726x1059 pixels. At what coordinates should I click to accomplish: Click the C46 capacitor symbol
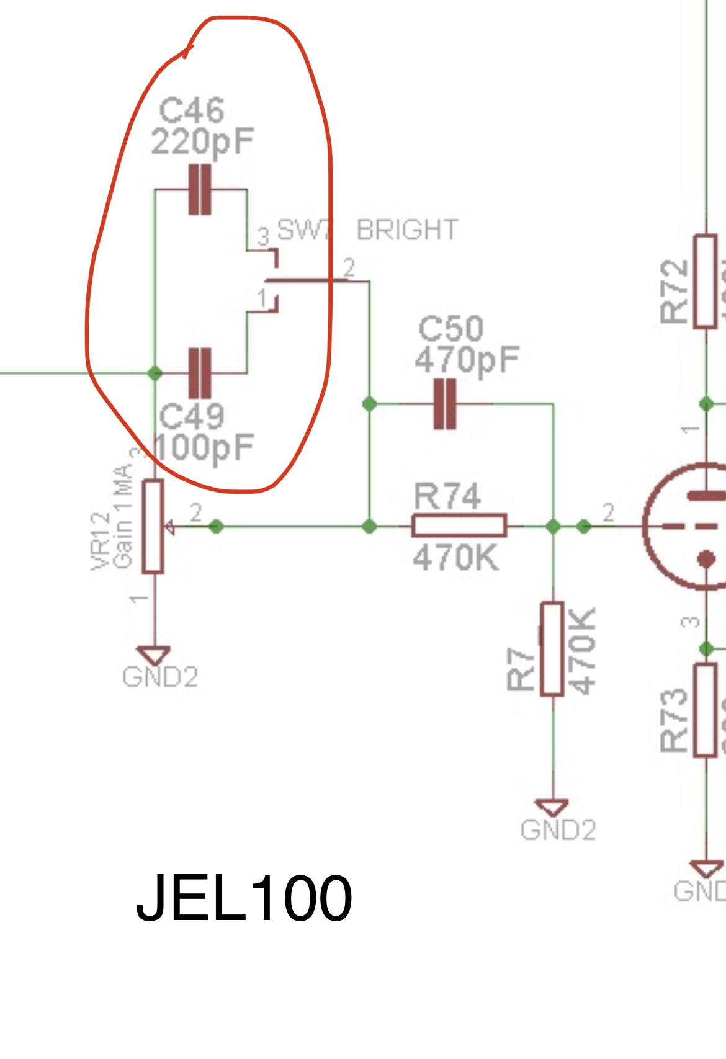click(199, 189)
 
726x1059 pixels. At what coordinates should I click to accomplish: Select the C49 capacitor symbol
click(199, 373)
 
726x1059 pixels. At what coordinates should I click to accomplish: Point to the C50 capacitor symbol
click(444, 404)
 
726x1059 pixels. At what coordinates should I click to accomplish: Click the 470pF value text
click(467, 360)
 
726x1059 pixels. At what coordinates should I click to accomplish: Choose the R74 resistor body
click(459, 526)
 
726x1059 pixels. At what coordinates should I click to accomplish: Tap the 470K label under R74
click(455, 558)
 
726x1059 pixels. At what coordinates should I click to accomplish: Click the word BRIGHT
click(407, 230)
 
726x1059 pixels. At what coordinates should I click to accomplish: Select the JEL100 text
click(244, 898)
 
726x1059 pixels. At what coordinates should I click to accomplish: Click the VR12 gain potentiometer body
click(153, 526)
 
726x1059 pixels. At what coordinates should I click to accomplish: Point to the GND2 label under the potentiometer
click(160, 677)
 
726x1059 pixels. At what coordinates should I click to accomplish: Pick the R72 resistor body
click(706, 281)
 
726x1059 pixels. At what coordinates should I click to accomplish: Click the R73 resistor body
click(706, 710)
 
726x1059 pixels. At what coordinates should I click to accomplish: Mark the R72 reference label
click(674, 292)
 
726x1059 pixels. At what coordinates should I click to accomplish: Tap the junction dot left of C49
click(155, 373)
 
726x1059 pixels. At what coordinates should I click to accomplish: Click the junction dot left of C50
click(369, 404)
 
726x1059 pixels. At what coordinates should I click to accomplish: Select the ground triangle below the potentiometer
click(154, 655)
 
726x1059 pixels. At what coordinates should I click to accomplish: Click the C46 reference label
click(191, 111)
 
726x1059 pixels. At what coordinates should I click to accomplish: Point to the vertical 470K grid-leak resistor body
click(552, 648)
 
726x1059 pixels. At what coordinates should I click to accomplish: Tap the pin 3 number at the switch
click(264, 237)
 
